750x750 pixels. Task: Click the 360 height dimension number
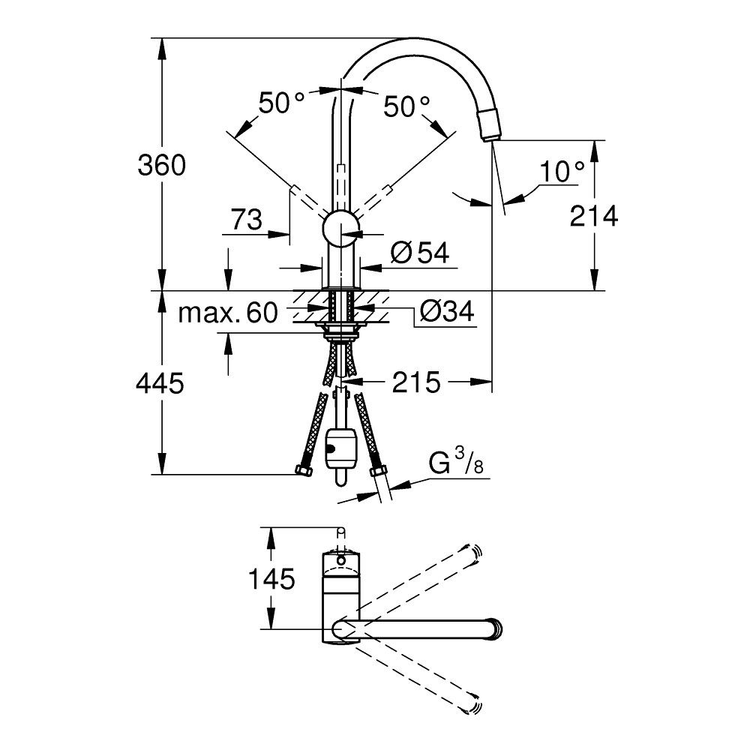tap(160, 165)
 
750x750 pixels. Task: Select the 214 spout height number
tap(594, 216)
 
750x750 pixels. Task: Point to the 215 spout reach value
tap(416, 383)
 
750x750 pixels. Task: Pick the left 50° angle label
tap(281, 103)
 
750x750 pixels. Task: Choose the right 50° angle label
tap(407, 106)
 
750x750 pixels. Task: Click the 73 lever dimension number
tap(246, 220)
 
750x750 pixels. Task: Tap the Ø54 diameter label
tap(419, 253)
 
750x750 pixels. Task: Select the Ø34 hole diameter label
tap(447, 311)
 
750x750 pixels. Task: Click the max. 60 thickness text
tap(227, 312)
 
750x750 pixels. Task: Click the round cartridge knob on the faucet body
tap(340, 226)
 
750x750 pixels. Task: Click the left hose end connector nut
tap(303, 472)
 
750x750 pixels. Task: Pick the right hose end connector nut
tap(379, 472)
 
